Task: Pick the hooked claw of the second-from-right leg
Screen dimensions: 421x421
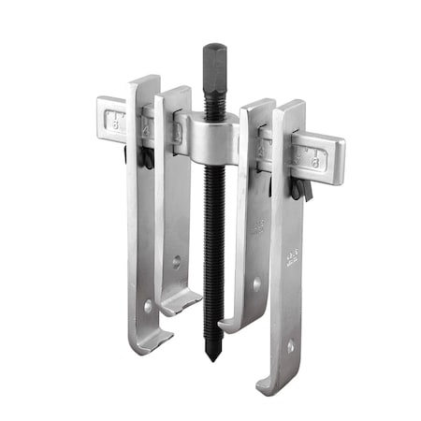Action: [233, 325]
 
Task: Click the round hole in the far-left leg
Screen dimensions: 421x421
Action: [147, 305]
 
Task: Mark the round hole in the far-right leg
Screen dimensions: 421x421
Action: [290, 345]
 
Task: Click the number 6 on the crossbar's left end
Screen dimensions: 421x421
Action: [115, 119]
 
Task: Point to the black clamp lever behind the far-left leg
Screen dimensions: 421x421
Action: [147, 159]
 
